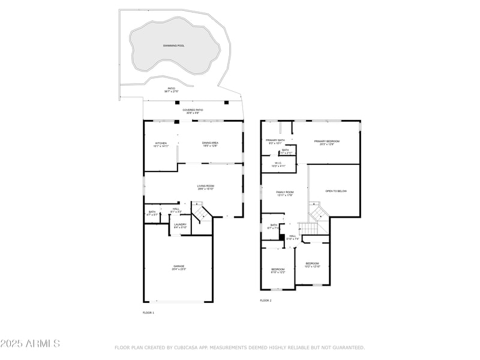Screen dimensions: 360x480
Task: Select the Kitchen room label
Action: pos(161,144)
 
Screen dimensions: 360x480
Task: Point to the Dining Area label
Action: pos(210,144)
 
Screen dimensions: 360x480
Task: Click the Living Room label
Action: pos(206,187)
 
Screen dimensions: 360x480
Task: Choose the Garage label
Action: pos(179,268)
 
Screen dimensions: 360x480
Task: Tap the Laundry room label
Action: pos(180,226)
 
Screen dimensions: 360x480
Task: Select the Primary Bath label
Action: pos(275,142)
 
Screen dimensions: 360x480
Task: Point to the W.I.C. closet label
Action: pos(278,164)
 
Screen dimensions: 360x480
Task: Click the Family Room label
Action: pos(284,193)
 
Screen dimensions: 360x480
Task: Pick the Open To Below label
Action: pos(336,191)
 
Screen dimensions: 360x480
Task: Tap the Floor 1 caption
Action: pos(148,313)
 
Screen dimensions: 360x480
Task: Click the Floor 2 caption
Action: pos(265,300)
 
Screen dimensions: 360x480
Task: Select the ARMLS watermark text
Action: pos(30,344)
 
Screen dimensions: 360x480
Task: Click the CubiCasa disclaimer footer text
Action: pos(239,347)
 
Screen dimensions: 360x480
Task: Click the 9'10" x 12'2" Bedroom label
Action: pos(277,271)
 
